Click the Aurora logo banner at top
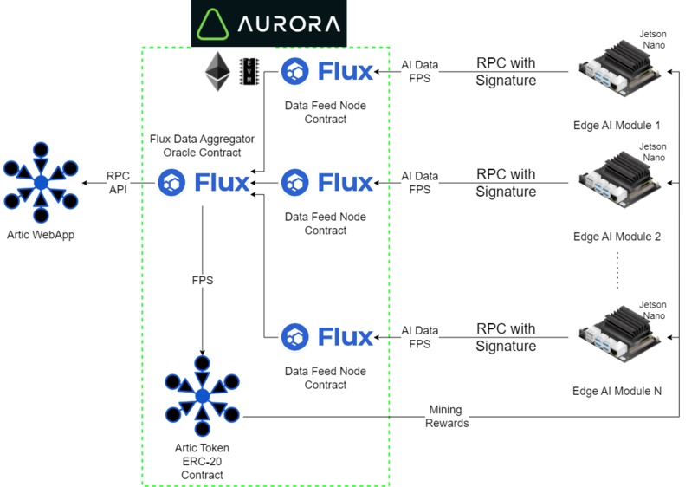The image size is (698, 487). click(x=268, y=23)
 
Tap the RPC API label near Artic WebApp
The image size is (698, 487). click(x=118, y=183)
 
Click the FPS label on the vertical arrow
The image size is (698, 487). click(x=202, y=281)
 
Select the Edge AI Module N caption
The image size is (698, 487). click(x=617, y=391)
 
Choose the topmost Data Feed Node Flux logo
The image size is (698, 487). click(x=327, y=71)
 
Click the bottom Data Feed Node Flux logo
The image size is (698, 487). click(x=327, y=337)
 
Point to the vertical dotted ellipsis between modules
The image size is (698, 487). click(x=617, y=269)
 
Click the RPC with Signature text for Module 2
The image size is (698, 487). click(x=506, y=183)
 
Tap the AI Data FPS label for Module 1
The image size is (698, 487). click(x=420, y=71)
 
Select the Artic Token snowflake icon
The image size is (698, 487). click(x=203, y=395)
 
